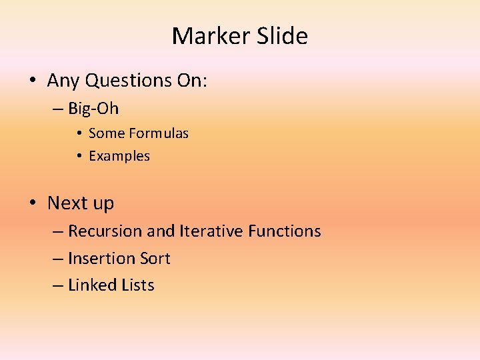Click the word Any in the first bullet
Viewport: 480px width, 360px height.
click(63, 81)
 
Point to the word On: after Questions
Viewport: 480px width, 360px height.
click(192, 81)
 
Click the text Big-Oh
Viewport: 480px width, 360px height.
click(93, 107)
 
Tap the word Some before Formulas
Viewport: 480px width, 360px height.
click(107, 133)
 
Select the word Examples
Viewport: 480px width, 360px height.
click(119, 156)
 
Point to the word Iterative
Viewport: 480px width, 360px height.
click(211, 231)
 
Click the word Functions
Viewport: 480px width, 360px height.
click(285, 231)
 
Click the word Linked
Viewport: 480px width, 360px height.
click(93, 285)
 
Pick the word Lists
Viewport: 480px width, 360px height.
click(138, 285)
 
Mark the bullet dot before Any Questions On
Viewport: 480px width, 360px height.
click(33, 81)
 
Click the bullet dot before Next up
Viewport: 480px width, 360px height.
click(33, 203)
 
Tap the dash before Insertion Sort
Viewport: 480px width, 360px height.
click(58, 259)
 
